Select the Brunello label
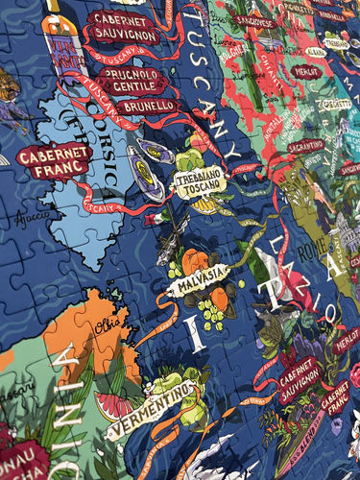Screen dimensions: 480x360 click(x=147, y=105)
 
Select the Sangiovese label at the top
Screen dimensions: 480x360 click(x=254, y=20)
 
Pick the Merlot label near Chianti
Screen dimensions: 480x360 click(x=307, y=71)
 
